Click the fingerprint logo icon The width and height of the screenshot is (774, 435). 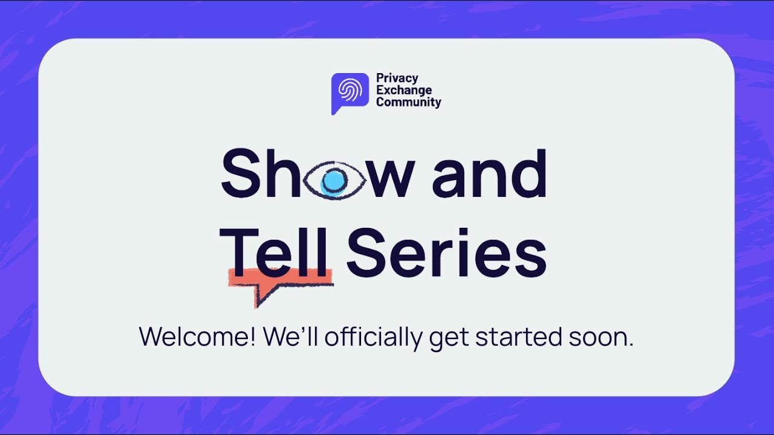pos(350,91)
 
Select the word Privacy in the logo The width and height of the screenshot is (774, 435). pos(397,78)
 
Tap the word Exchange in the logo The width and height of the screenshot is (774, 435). pos(404,90)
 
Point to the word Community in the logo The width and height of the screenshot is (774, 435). pos(409,102)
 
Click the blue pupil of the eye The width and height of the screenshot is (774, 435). pos(333,180)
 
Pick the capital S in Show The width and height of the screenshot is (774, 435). pos(240,173)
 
